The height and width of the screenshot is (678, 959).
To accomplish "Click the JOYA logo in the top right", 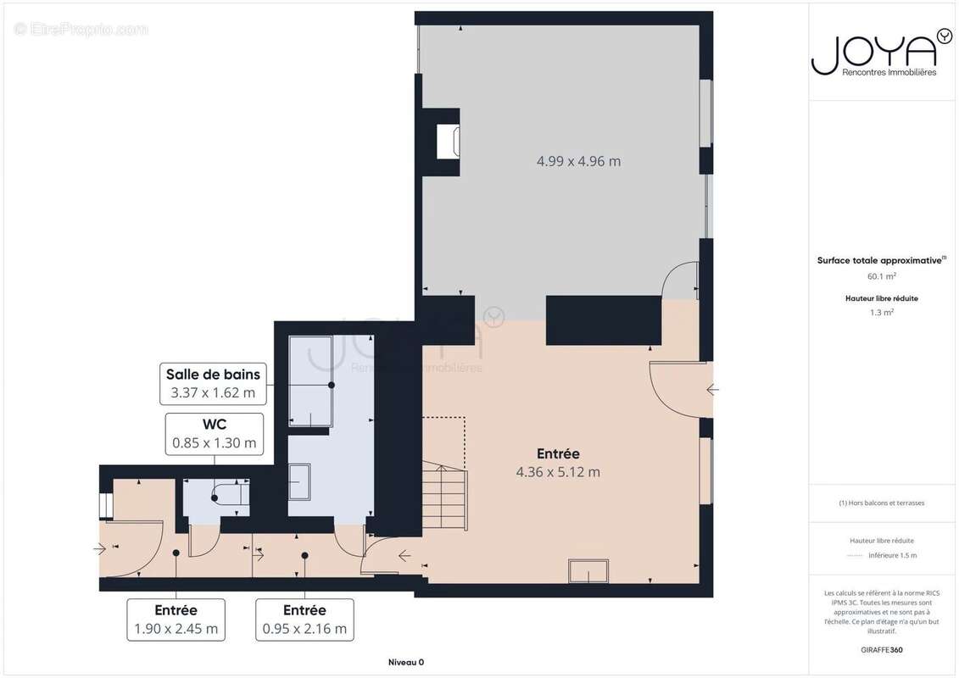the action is [881, 53].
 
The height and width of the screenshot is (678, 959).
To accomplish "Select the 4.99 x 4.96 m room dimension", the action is [578, 161].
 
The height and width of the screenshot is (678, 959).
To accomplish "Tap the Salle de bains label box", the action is [213, 383].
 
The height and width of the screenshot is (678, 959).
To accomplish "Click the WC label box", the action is [214, 434].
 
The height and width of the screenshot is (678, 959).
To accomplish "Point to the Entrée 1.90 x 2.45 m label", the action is [176, 620].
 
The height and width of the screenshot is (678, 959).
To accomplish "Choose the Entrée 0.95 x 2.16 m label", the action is [304, 620].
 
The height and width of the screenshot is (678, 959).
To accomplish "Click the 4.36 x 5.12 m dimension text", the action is [558, 472].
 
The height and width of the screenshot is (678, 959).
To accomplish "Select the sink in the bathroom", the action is [299, 482].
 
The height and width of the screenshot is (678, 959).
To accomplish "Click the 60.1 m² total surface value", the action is [881, 276].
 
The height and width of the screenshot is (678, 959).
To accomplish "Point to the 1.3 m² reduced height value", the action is [881, 313].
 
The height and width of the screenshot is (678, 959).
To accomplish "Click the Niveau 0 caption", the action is [406, 662].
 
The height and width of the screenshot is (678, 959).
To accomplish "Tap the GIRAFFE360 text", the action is [881, 650].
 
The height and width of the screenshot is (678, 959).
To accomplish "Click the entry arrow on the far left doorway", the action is [100, 549].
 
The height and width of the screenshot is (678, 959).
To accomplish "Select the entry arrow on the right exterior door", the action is [712, 390].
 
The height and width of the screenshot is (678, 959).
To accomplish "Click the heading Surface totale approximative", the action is [880, 260].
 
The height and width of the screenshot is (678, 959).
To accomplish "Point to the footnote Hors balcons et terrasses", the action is [881, 503].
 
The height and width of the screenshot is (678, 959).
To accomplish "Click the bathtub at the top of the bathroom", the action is [310, 381].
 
